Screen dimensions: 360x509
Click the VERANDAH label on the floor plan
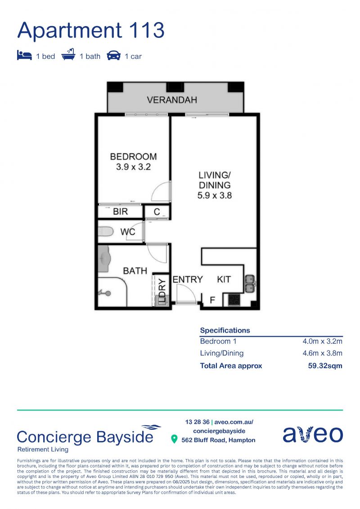(172, 99)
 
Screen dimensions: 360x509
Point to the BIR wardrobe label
(121, 212)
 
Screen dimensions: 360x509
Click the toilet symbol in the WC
(105, 231)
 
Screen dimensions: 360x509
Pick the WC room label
(127, 232)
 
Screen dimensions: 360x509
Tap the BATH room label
(135, 271)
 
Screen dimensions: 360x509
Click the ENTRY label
(188, 279)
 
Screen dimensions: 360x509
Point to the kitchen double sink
(250, 283)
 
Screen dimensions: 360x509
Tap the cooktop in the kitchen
(234, 300)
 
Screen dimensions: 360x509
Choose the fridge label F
(212, 300)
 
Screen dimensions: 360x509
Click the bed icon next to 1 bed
(24, 55)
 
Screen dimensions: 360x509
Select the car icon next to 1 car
(113, 55)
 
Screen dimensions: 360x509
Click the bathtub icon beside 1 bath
(68, 54)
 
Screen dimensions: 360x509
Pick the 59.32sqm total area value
(325, 366)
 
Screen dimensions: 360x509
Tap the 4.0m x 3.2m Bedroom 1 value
(322, 341)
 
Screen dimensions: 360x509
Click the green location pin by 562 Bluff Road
(174, 439)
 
